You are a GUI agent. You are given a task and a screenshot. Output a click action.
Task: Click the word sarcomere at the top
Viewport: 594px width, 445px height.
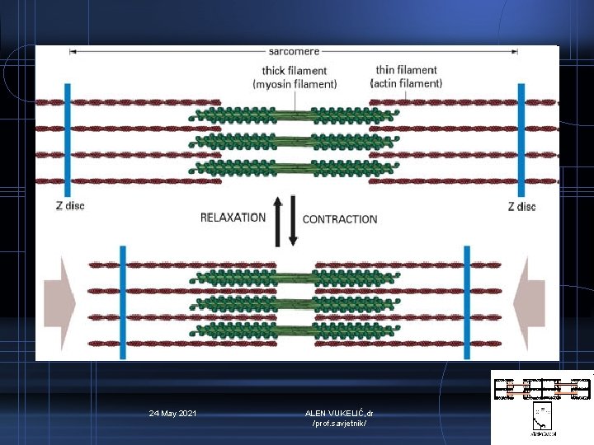click(x=294, y=52)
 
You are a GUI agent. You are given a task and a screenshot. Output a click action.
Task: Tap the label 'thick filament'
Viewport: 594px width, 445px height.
click(x=295, y=71)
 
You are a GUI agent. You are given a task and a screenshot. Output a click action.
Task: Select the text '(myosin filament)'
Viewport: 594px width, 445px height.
click(x=295, y=84)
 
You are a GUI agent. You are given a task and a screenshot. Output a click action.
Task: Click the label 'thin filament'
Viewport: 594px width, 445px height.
click(x=407, y=70)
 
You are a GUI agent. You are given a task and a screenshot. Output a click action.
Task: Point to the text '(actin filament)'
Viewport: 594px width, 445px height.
click(x=408, y=83)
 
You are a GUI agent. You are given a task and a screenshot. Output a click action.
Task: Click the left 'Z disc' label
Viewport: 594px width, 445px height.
click(x=69, y=206)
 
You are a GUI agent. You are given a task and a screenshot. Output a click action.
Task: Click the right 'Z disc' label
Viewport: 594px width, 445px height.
click(x=521, y=206)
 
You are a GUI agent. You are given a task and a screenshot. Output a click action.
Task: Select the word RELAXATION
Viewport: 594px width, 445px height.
click(x=233, y=218)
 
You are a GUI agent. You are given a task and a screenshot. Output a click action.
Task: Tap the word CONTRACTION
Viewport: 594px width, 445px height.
click(x=340, y=219)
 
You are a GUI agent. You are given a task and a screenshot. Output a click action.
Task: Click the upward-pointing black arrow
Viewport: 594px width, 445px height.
click(x=278, y=220)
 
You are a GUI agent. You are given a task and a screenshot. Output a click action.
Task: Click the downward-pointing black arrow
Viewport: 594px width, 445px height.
click(x=292, y=220)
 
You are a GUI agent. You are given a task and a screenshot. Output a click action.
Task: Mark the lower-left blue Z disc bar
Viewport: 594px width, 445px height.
click(x=122, y=302)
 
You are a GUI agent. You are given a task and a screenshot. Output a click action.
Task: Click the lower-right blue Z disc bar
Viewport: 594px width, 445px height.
click(x=466, y=302)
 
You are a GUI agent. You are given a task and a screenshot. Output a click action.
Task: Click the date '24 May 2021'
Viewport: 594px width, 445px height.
click(x=172, y=412)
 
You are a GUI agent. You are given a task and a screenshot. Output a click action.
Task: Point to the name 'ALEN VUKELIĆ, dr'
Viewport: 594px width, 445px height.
click(x=339, y=412)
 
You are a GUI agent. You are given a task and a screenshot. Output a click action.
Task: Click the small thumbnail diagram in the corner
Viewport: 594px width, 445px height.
click(x=542, y=402)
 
